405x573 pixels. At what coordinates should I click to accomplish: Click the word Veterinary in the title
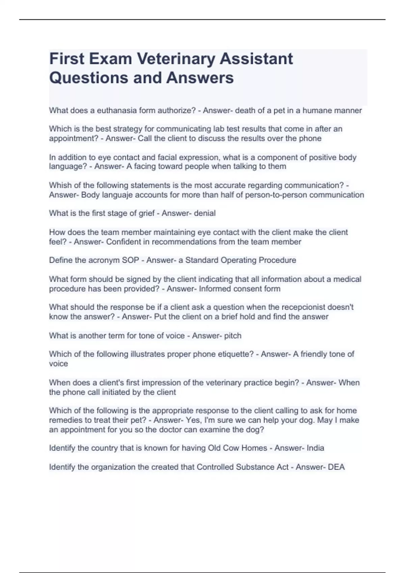tap(176, 59)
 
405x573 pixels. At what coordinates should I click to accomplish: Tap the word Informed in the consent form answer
tap(213, 289)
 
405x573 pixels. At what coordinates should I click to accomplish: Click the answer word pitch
tap(233, 336)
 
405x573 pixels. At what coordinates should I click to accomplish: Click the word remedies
tap(64, 420)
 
